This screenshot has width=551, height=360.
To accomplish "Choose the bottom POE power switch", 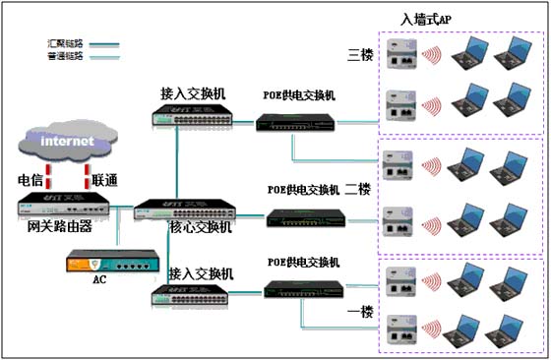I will pyautogui.click(x=301, y=288).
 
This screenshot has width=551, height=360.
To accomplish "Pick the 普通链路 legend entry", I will pyautogui.click(x=65, y=57).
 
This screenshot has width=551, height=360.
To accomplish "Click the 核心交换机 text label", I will pyautogui.click(x=201, y=227).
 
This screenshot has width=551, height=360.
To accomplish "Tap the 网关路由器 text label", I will pyautogui.click(x=60, y=226).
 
